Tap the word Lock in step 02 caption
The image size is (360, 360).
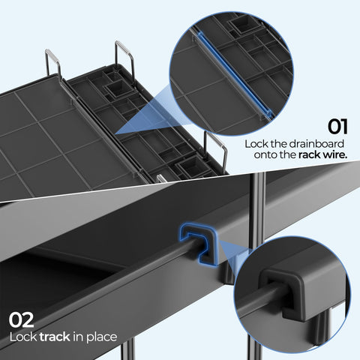tap(21, 337)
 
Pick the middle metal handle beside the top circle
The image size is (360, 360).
tap(124, 56)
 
